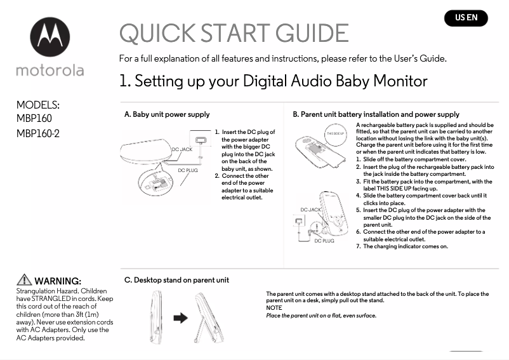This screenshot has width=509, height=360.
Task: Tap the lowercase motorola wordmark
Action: [x=50, y=70]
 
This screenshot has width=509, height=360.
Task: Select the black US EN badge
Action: [x=466, y=18]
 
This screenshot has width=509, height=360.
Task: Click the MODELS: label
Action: [x=37, y=105]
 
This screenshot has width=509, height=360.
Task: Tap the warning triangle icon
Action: [x=24, y=280]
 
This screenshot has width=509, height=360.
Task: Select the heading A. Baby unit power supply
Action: [x=166, y=115]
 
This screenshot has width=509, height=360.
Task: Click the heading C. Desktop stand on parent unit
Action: [x=176, y=280]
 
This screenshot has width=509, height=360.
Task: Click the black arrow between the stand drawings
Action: [x=180, y=317]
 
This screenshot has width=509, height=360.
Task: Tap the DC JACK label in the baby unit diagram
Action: [x=182, y=149]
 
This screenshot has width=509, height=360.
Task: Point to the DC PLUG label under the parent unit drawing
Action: [x=324, y=241]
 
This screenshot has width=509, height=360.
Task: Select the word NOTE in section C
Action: [x=274, y=308]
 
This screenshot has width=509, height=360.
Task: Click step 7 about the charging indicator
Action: [x=405, y=246]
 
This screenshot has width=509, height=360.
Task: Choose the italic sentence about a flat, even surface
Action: [x=321, y=316]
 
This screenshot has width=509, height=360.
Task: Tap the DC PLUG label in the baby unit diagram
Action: [x=187, y=171]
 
